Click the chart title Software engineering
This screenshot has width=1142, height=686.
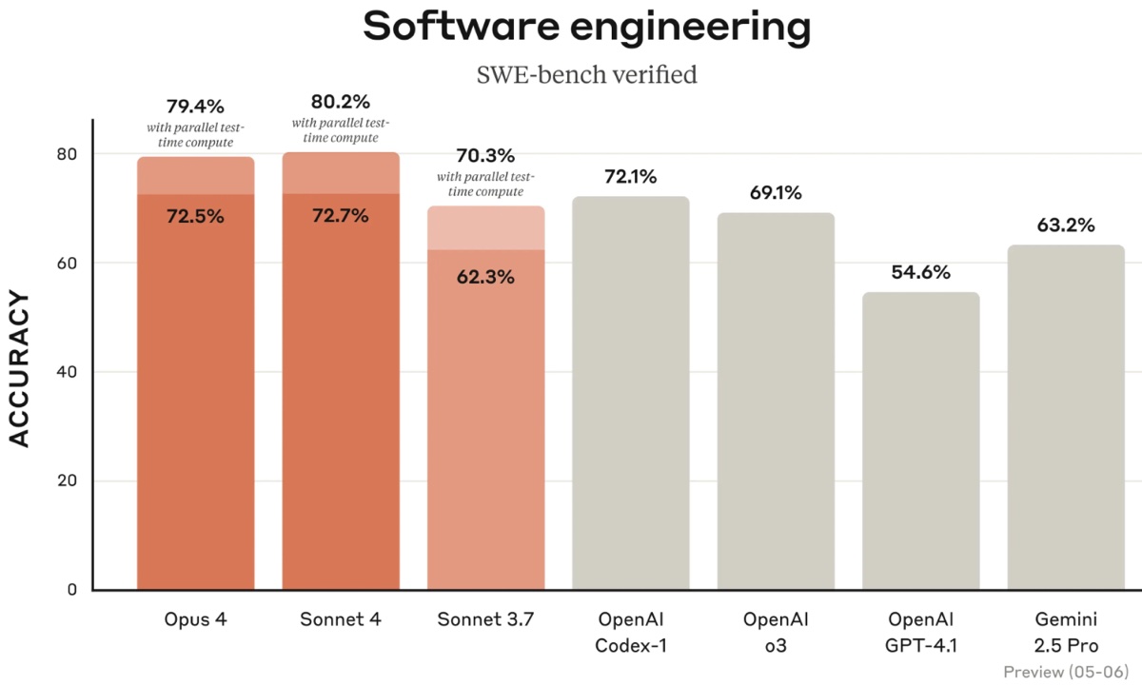click(586, 29)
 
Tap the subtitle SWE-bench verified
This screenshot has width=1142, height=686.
click(586, 74)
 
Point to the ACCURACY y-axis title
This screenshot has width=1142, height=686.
click(20, 369)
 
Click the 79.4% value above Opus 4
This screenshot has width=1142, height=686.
click(195, 106)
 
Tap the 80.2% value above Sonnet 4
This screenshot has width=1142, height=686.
click(341, 101)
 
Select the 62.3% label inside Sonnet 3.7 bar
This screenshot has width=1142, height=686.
click(485, 278)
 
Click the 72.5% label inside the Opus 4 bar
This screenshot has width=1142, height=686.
click(195, 216)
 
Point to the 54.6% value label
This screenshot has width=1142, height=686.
click(920, 272)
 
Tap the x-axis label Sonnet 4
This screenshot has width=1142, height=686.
click(341, 619)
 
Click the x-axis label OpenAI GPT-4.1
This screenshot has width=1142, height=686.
click(920, 632)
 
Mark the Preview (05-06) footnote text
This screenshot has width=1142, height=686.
click(1066, 672)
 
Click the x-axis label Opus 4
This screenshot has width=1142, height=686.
click(195, 619)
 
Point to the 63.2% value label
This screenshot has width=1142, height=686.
click(1066, 225)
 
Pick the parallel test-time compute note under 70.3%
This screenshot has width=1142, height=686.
click(485, 185)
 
